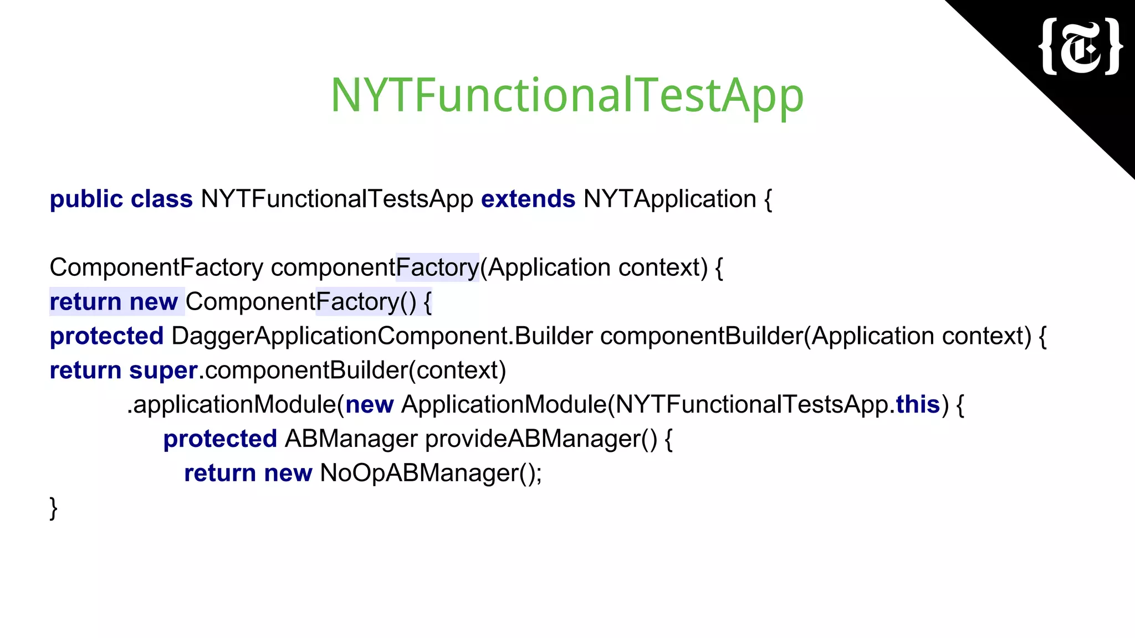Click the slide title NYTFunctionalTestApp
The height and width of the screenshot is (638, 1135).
[566, 95]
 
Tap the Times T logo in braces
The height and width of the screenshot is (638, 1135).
[1081, 47]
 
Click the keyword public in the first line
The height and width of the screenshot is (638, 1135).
[86, 199]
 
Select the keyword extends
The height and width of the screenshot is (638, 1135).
[528, 199]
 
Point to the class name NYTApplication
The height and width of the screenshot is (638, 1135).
[669, 199]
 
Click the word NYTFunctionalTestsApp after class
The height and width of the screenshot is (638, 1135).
[336, 199]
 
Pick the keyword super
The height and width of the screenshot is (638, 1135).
[163, 371]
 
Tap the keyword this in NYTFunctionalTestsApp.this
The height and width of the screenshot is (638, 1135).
[918, 405]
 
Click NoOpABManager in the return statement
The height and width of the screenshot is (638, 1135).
[420, 474]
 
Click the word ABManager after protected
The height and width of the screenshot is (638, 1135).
[351, 439]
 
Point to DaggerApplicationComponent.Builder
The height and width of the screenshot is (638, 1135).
[382, 337]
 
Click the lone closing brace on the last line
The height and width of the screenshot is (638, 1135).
[53, 508]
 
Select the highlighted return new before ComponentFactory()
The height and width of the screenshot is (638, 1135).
[114, 302]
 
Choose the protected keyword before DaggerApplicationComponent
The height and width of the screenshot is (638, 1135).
[106, 337]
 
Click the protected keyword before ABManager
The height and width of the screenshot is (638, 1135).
[219, 439]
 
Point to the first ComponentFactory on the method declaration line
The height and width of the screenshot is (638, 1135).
[156, 268]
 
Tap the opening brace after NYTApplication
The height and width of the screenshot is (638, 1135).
[768, 199]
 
